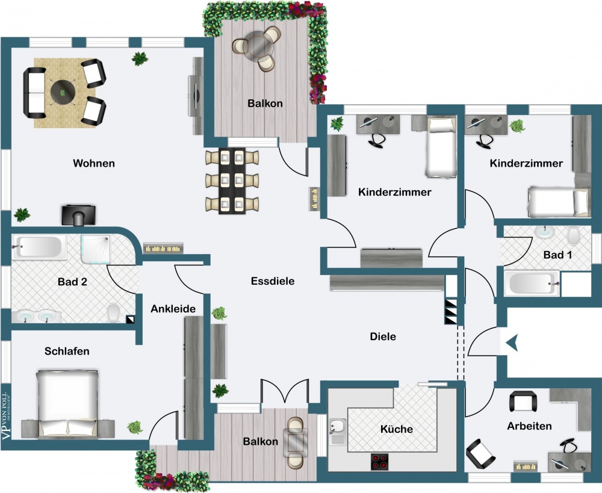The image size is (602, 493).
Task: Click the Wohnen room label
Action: tap(94, 163)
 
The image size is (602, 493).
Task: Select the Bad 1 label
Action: tap(557, 255)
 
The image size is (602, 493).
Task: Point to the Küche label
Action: tap(397, 429)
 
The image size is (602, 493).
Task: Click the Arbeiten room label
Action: tap(529, 426)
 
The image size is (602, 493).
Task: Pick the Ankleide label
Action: tap(173, 309)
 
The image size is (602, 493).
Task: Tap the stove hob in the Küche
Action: tap(380, 462)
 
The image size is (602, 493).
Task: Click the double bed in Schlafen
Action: tap(67, 402)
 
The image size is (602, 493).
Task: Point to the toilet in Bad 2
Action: tap(113, 312)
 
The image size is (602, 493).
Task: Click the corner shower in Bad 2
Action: tap(96, 247)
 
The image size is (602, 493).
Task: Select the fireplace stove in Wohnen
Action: tap(78, 215)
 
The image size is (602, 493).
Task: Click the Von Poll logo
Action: tap(6, 414)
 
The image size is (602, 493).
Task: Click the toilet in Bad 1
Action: tap(573, 235)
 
